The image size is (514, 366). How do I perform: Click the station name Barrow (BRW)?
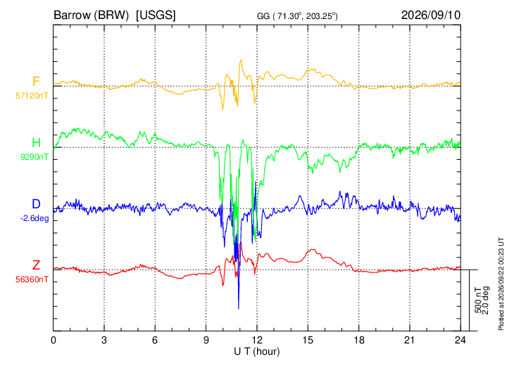coord(91,15)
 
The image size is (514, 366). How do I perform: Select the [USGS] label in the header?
coord(156,15)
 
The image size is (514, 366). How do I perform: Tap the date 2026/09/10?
coord(431,15)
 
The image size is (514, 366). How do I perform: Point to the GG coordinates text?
coord(297,15)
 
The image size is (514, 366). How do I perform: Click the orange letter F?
coord(36,82)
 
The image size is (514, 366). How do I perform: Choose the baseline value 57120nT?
coord(32,96)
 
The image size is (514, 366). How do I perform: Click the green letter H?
coord(36,143)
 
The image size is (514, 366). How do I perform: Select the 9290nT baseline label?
coord(35,157)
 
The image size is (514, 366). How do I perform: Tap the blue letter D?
coord(36,204)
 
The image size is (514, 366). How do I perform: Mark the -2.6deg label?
coord(35,219)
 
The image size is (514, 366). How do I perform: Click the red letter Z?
coord(36,265)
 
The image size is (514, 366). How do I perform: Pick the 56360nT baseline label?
coord(32,279)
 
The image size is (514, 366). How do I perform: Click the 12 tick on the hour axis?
coord(257,341)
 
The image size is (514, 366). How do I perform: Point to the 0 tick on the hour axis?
coord(54,341)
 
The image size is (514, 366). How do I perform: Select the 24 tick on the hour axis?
coord(460,341)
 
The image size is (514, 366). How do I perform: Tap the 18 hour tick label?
coord(359,341)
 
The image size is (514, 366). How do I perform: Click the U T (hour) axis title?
coord(257,352)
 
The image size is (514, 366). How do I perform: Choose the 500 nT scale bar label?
coord(478,300)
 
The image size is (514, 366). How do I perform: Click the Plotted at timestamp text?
coord(501,284)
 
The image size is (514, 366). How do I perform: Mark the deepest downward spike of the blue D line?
coord(238,308)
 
